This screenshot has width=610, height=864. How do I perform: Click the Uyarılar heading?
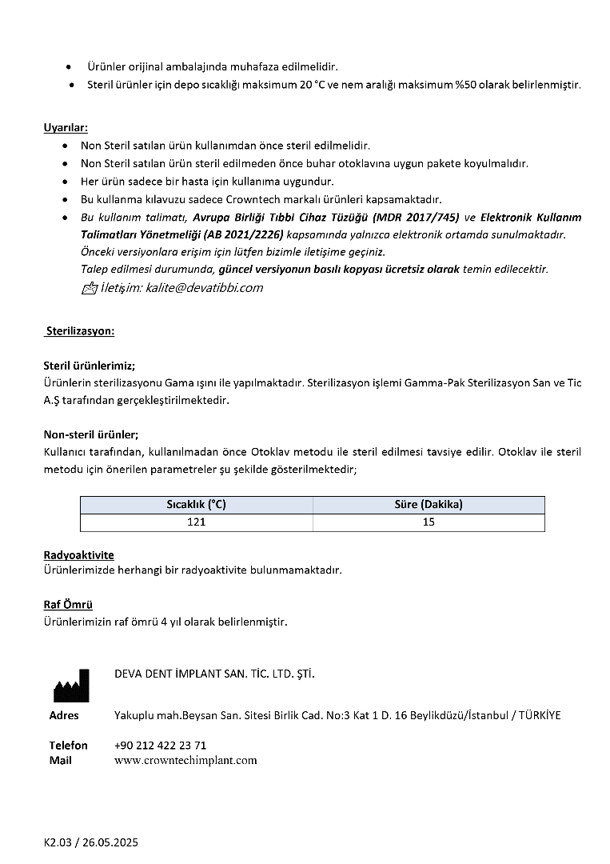66,127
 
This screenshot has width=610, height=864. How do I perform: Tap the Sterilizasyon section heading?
80,330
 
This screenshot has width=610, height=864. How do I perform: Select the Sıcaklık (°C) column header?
196,504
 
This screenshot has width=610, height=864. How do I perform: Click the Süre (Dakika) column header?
429,504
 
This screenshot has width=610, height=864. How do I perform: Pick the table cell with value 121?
196,522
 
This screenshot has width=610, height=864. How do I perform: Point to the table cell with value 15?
429,522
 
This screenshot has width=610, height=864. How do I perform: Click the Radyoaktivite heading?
78,554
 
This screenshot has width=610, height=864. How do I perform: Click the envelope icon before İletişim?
89,289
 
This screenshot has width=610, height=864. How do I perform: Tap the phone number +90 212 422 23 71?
161,745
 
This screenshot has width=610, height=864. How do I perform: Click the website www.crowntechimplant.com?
185,760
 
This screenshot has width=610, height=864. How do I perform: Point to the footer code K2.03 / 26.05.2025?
91,842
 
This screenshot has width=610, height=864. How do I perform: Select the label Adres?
64,715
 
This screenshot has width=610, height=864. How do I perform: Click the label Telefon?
69,745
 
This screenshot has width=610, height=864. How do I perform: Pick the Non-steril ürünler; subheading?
91,434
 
